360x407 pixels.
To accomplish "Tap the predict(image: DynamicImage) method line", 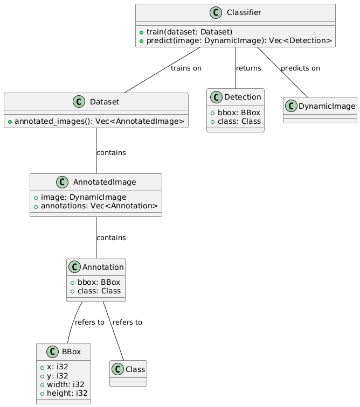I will click(x=237, y=40).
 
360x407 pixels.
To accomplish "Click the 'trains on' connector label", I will click(x=186, y=68).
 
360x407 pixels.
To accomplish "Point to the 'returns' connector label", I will click(x=248, y=68).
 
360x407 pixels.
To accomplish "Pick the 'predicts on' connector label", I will click(x=300, y=68).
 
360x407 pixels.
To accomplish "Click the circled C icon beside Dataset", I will click(x=80, y=101).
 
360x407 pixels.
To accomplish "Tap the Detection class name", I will click(x=243, y=97).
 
